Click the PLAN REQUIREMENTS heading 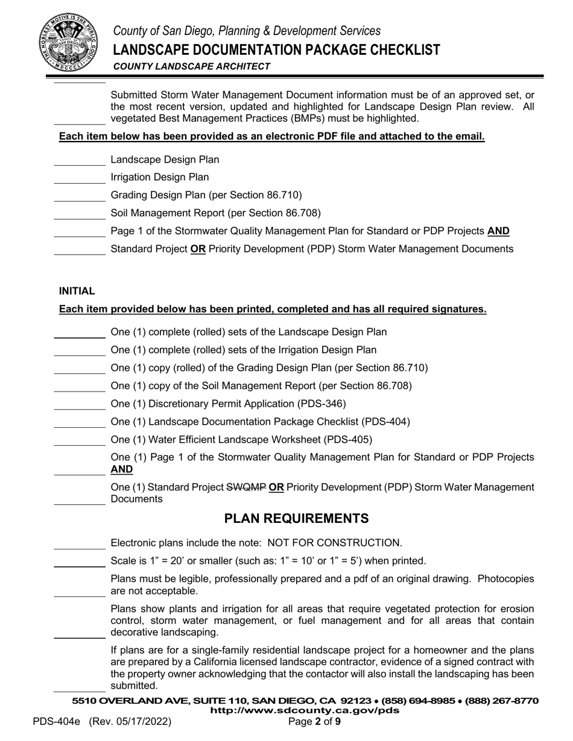pyautogui.click(x=296, y=519)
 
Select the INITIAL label pyautogui.click(x=77, y=291)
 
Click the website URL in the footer pyautogui.click(x=304, y=710)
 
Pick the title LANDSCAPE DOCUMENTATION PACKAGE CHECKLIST pyautogui.click(x=276, y=49)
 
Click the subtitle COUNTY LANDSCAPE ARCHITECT pyautogui.click(x=191, y=66)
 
